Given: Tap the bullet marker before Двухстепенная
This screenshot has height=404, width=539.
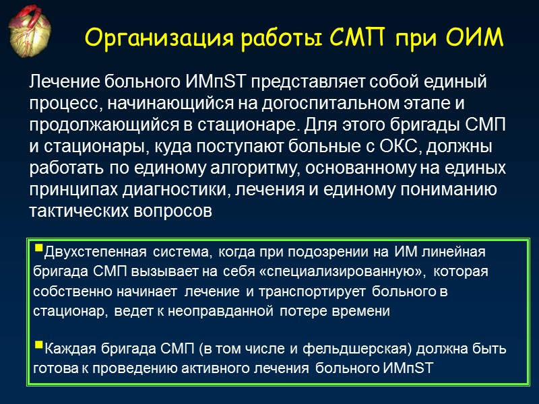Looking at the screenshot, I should coord(37,252).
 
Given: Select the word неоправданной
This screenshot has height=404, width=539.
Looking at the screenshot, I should coord(229,312).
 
